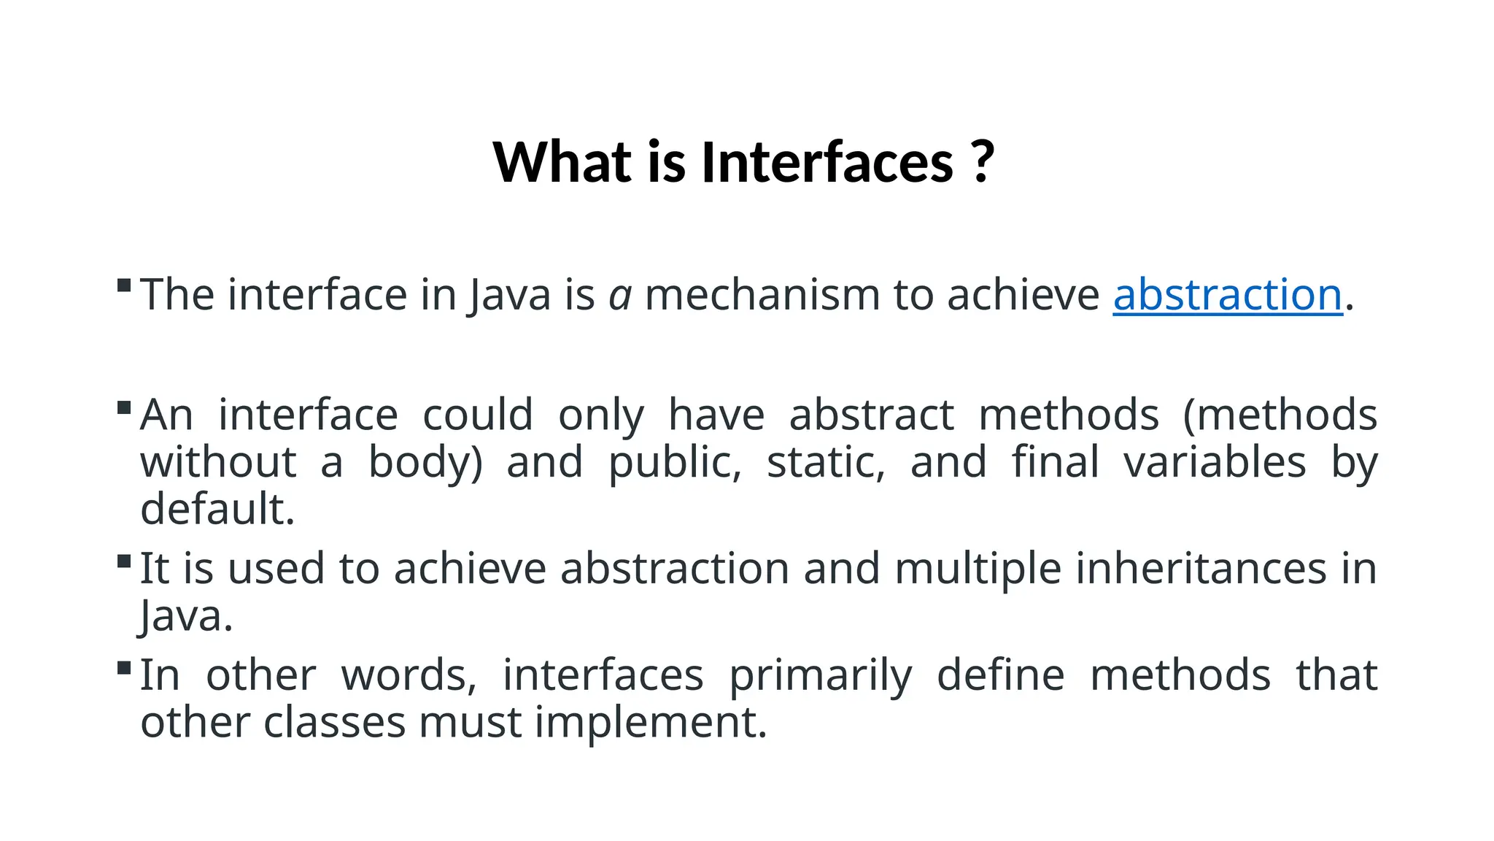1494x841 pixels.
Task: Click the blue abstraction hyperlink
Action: click(1227, 295)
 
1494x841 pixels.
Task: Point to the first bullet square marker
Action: click(124, 285)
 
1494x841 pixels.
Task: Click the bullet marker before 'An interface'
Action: click(124, 407)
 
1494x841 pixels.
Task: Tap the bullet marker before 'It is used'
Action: click(124, 561)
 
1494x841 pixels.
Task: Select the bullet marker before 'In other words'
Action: click(124, 667)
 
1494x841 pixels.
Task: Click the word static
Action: click(826, 462)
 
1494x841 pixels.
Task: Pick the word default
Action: click(217, 509)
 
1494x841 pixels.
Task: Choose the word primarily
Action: click(820, 676)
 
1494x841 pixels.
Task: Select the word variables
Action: click(1214, 462)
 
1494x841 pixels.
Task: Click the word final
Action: click(1055, 462)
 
